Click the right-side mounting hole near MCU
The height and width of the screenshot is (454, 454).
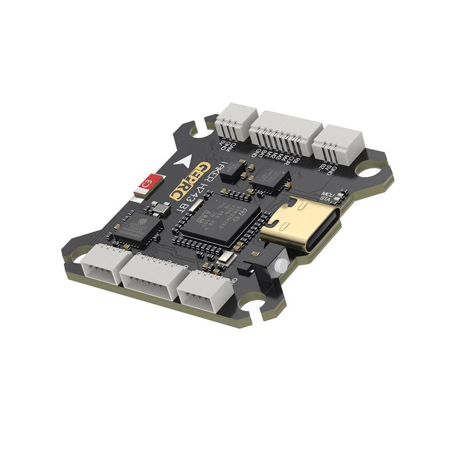click(372, 170)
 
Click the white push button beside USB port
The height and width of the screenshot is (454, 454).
click(279, 264)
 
